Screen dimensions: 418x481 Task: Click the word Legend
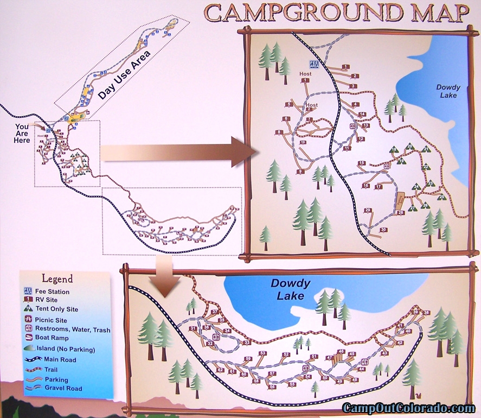tap(57, 279)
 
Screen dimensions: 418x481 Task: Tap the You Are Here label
tap(22, 132)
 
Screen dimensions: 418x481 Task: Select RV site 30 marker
tap(383, 230)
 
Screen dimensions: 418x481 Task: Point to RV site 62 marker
tap(220, 370)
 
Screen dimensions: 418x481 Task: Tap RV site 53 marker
tap(262, 353)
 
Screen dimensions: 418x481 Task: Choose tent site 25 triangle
tap(440, 197)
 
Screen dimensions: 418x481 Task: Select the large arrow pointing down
tap(165, 276)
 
